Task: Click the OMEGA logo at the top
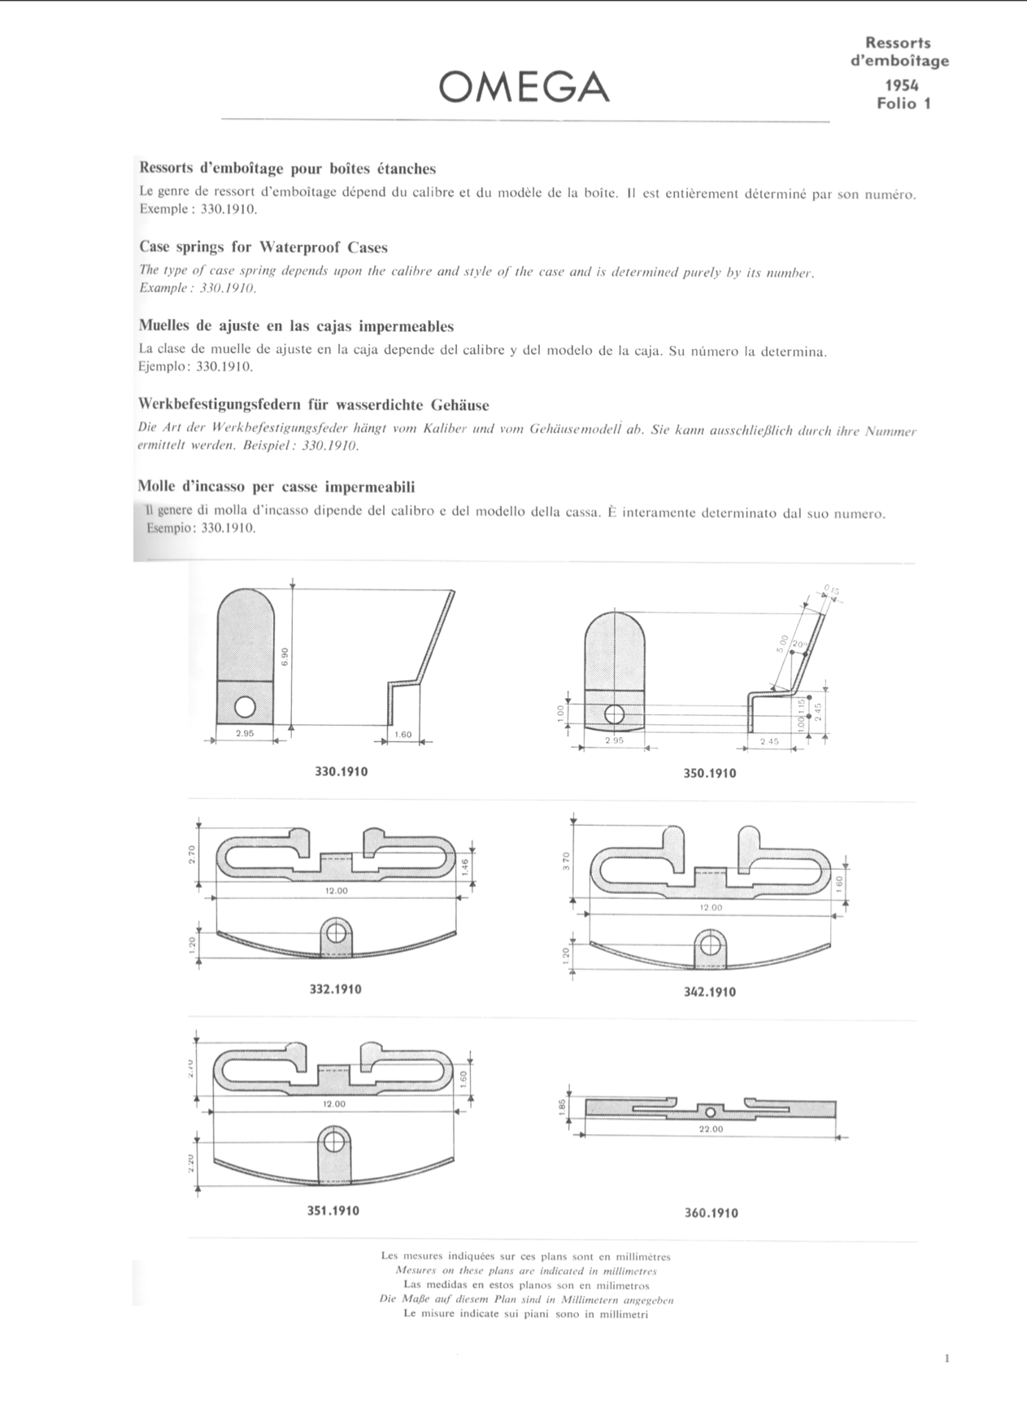[524, 87]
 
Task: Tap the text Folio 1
[903, 103]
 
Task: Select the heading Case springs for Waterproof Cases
[263, 247]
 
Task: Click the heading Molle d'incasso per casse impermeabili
[277, 487]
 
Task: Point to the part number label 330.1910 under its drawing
[341, 771]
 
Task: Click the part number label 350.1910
[709, 773]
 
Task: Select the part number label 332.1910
[335, 989]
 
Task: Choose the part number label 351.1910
[333, 1211]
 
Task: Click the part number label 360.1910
[712, 1213]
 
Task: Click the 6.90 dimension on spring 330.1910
[284, 657]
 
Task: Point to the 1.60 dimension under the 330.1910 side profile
[402, 735]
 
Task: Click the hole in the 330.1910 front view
[246, 706]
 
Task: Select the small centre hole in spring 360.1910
[710, 1111]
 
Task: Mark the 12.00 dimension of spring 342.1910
[710, 907]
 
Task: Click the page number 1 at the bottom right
[948, 1358]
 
